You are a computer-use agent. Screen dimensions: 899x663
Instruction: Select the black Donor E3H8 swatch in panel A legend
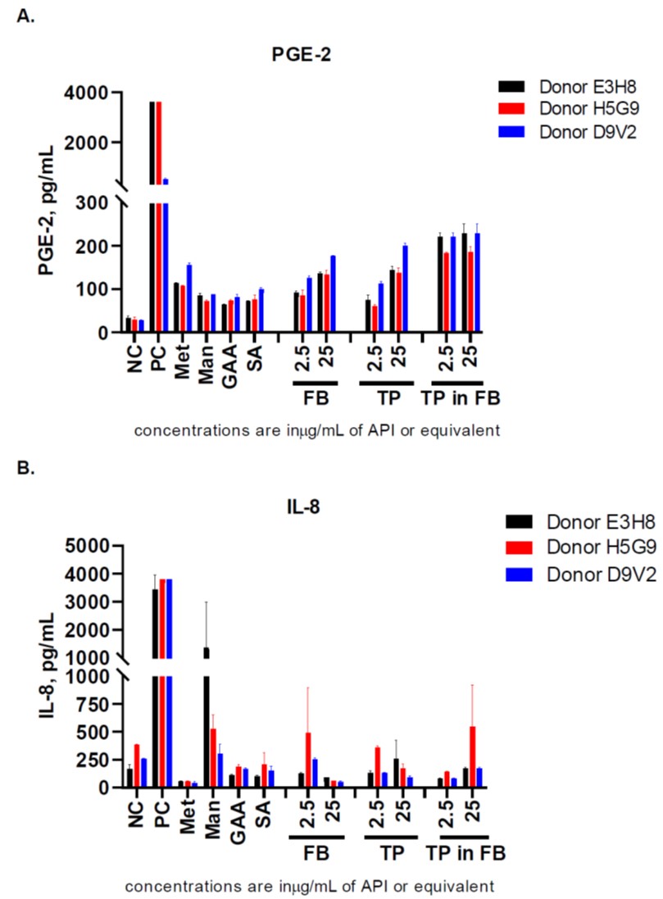click(511, 87)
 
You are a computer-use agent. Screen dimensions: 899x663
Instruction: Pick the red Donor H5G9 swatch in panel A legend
click(511, 109)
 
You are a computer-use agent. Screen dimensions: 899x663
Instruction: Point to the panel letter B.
click(24, 470)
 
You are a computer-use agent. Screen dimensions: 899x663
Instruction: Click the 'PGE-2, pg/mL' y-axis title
click(48, 199)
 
